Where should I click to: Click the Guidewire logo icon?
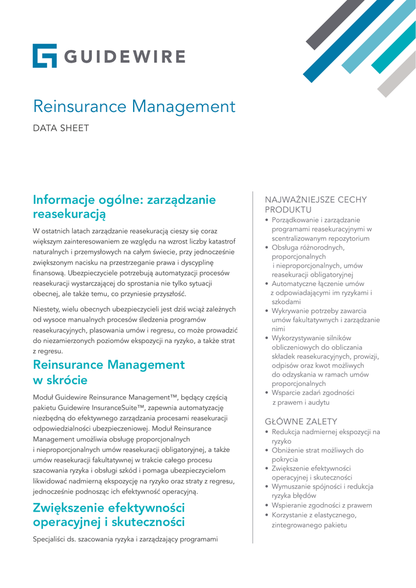(x=45, y=56)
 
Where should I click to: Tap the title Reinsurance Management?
(x=134, y=106)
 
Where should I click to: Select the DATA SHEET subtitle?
(x=61, y=128)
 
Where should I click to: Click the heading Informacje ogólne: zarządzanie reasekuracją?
(x=125, y=207)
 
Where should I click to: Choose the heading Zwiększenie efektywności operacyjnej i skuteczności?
(x=109, y=514)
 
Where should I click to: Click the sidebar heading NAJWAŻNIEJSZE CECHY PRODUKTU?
(x=315, y=204)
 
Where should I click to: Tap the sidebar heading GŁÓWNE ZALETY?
(x=301, y=421)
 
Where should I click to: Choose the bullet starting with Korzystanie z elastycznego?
(x=313, y=520)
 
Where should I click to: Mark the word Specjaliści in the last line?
(x=53, y=540)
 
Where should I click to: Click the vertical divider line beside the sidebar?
(x=253, y=367)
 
